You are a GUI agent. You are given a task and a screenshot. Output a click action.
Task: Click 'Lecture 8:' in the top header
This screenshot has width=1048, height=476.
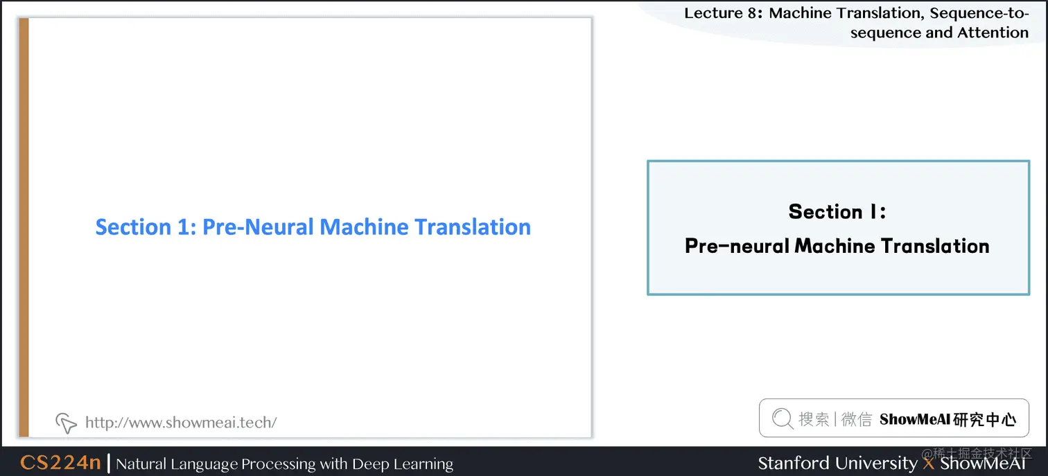point(723,12)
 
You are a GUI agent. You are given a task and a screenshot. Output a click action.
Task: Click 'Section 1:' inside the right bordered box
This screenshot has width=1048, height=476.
point(837,211)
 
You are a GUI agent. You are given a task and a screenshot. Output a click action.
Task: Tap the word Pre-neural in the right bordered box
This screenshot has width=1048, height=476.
point(737,246)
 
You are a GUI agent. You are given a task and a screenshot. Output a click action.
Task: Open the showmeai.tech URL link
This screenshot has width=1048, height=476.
point(181,422)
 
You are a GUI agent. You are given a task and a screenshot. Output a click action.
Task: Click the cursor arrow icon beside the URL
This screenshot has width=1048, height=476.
point(66,422)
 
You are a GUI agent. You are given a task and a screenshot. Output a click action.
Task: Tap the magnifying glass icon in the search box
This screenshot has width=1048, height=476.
point(782,418)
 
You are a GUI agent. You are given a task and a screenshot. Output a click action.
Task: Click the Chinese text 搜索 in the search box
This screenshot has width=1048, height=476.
point(814,418)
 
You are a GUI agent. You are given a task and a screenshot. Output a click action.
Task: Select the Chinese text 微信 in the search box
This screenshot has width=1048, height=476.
point(857,418)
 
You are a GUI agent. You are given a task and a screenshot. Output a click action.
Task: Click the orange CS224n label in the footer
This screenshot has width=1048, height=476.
point(60,463)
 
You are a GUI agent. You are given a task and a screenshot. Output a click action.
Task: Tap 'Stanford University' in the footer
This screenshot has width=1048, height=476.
point(837,463)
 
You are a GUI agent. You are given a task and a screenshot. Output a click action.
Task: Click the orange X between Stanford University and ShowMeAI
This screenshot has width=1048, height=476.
point(929,463)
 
